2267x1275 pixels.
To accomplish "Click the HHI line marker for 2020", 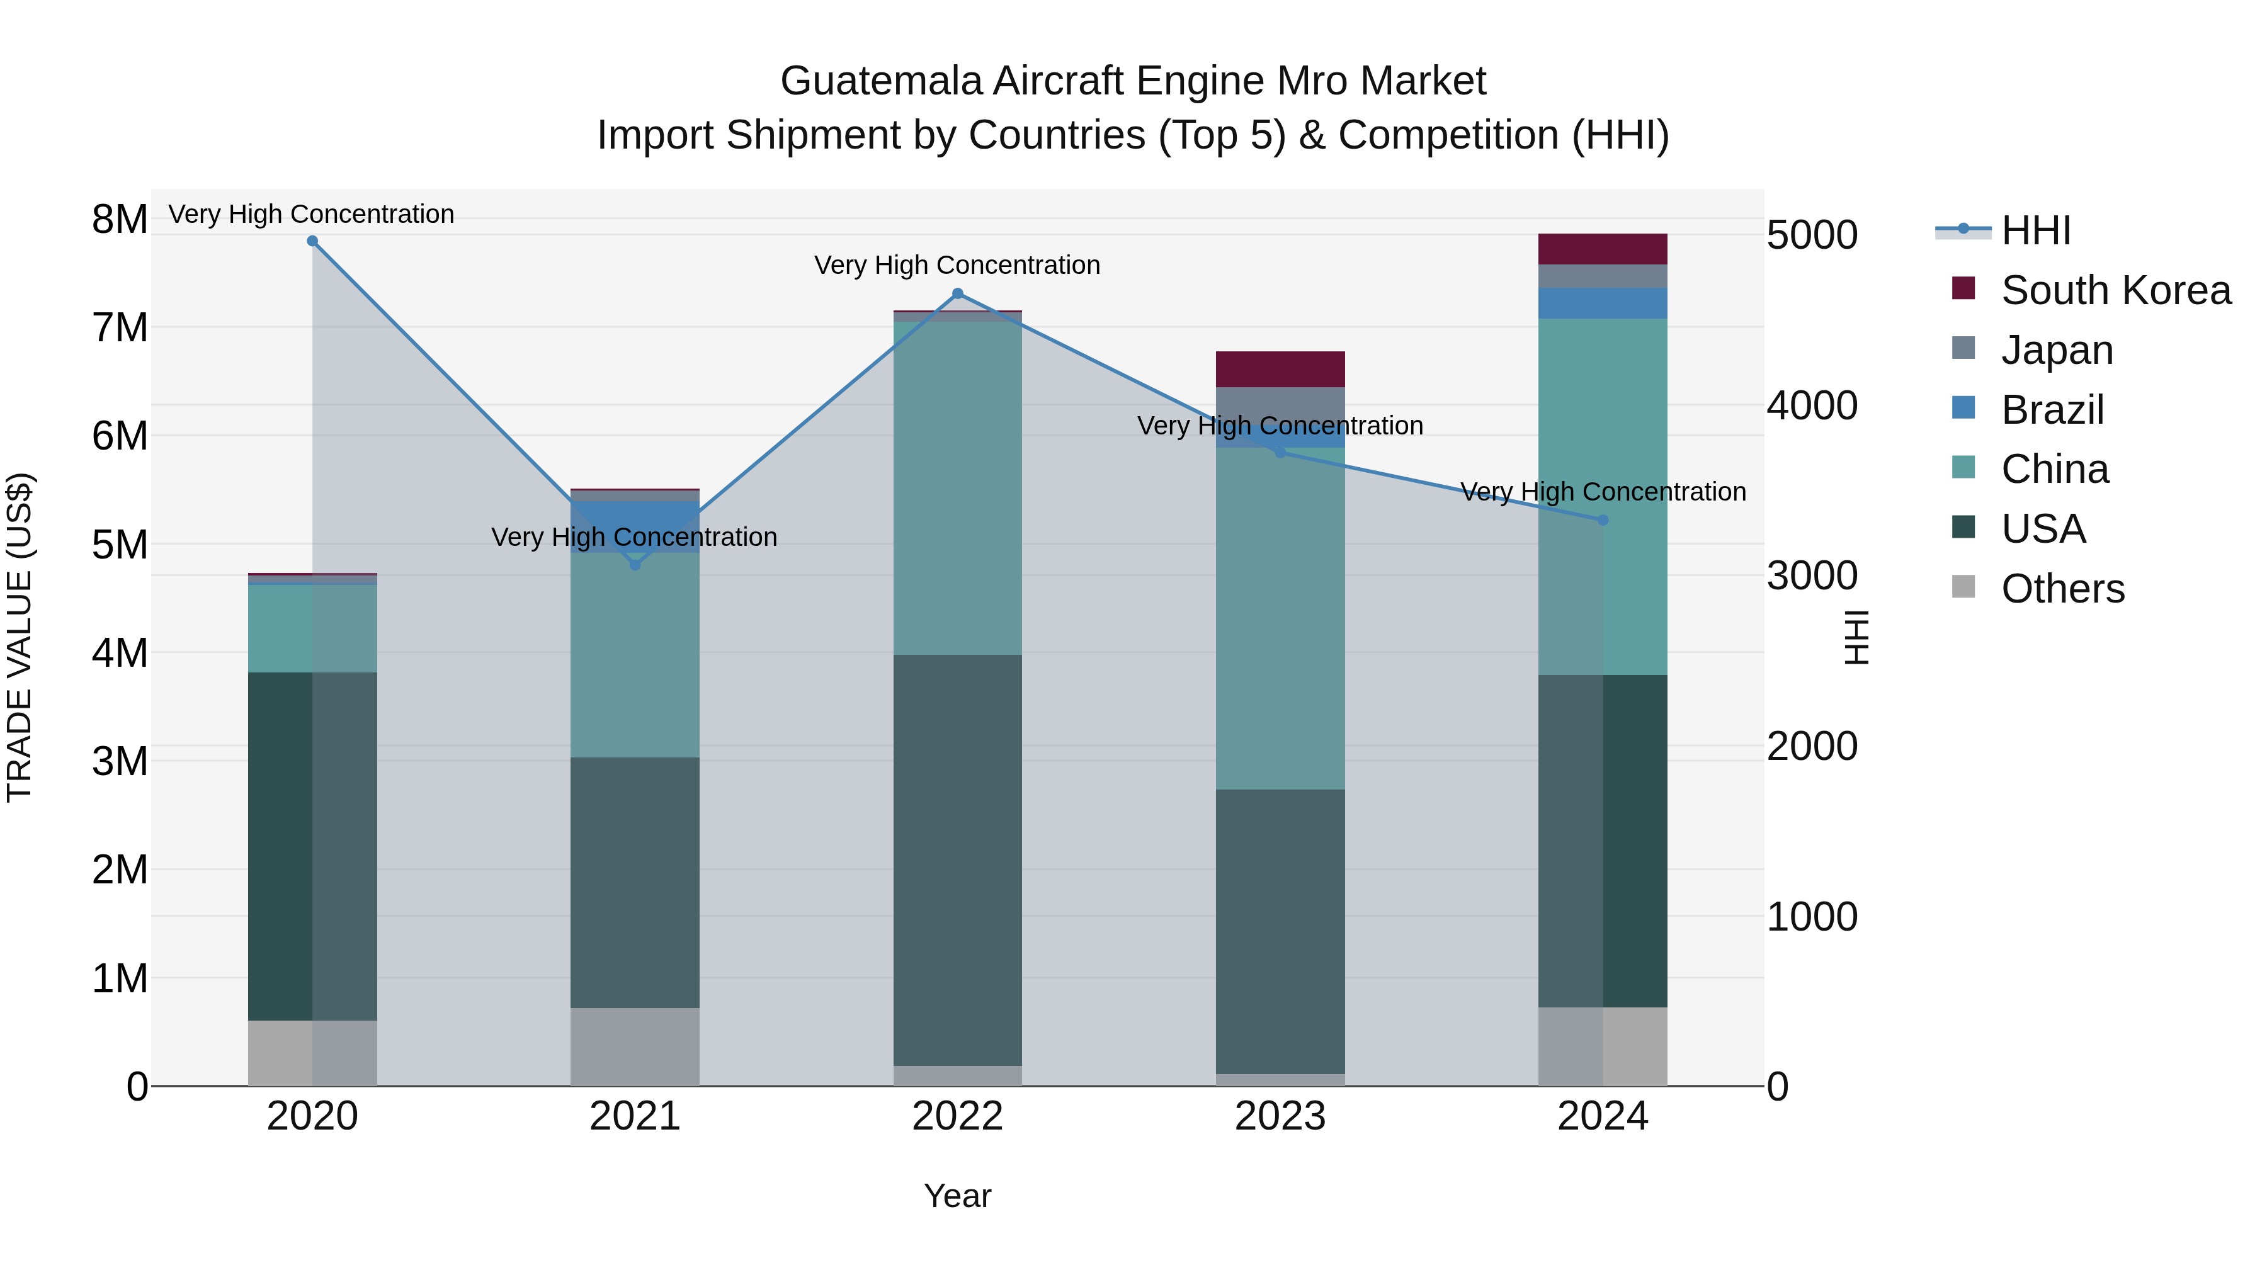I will [312, 241].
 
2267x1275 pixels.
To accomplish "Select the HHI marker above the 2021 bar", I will [635, 565].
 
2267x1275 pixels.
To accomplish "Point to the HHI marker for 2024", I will [1603, 520].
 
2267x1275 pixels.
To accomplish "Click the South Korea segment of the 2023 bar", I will [1280, 370].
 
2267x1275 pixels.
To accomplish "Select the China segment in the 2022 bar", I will [957, 489].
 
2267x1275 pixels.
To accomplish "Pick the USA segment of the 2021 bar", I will [635, 883].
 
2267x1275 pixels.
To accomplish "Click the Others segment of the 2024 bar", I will [1603, 1046].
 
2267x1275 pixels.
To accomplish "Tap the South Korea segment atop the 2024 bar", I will [1603, 249].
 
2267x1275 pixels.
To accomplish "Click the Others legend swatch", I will [1963, 587].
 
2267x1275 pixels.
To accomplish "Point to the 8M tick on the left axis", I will [120, 219].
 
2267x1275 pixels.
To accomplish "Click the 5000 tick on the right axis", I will [1812, 236].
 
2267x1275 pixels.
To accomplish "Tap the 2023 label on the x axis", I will [1280, 1116].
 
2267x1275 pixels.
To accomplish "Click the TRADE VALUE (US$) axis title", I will [20, 637].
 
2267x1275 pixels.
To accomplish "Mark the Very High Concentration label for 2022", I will [957, 265].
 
